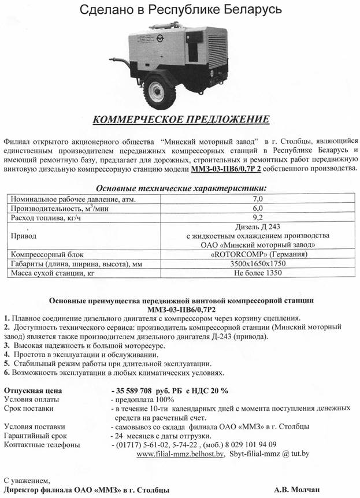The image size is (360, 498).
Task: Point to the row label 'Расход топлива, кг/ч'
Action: (x=46, y=217)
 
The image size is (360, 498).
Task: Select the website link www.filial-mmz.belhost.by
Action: (x=180, y=454)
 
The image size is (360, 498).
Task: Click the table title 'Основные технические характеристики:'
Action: (x=181, y=188)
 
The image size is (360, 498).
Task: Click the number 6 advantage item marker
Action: (x=7, y=373)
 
